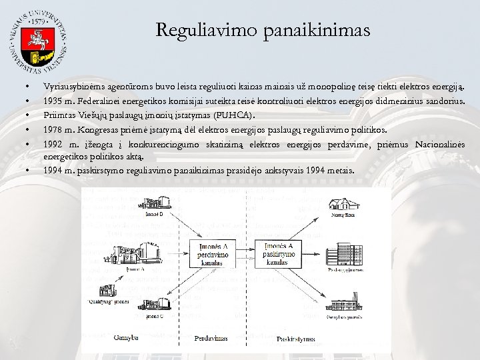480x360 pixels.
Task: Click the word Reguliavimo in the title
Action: click(x=195, y=30)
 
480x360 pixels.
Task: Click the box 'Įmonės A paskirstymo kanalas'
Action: click(x=281, y=253)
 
